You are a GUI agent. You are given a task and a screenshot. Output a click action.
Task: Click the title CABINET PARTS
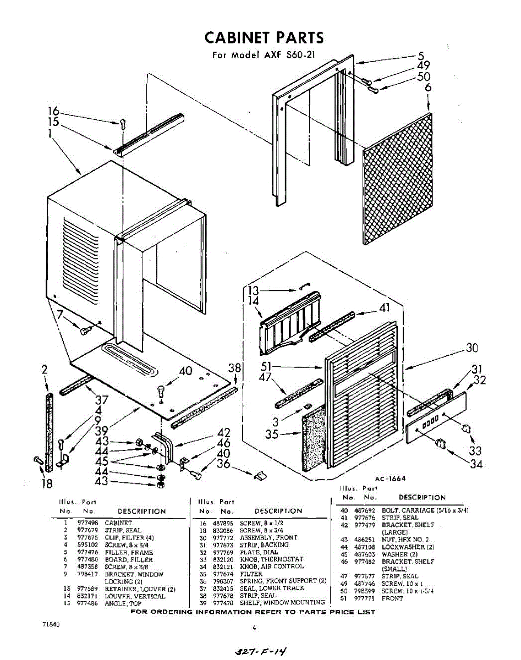pyautogui.click(x=264, y=37)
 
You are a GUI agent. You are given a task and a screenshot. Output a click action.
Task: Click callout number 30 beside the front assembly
pyautogui.click(x=471, y=348)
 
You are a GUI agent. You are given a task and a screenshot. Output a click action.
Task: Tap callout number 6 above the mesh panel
pyautogui.click(x=428, y=87)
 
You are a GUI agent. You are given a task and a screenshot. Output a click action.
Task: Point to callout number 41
pyautogui.click(x=383, y=307)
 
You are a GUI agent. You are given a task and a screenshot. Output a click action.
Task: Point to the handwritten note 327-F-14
pyautogui.click(x=261, y=651)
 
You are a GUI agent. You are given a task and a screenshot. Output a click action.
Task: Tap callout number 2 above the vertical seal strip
pyautogui.click(x=45, y=370)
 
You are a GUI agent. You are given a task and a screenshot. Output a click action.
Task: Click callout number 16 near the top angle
pyautogui.click(x=53, y=111)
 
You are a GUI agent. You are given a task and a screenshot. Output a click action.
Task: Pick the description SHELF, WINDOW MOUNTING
pyautogui.click(x=282, y=602)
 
